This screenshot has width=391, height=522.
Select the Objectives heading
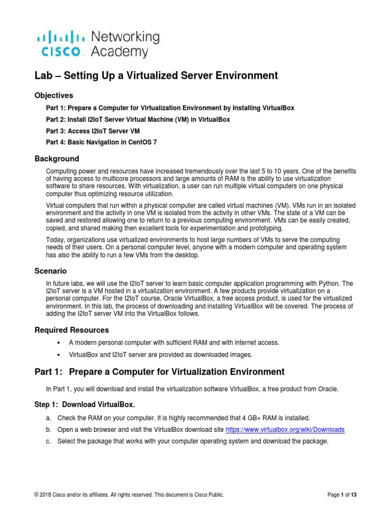[x=53, y=95]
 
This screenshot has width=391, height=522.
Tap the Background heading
[x=57, y=159]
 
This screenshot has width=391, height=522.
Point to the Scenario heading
[x=50, y=271]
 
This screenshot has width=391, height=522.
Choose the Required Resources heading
[x=71, y=330]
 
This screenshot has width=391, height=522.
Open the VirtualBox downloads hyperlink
[x=293, y=429]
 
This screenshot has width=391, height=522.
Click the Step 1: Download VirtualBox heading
[x=85, y=405]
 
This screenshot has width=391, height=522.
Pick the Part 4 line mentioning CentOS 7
[x=101, y=142]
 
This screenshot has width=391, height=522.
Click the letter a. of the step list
[x=48, y=418]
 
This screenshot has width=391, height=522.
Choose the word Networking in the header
[x=125, y=37]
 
